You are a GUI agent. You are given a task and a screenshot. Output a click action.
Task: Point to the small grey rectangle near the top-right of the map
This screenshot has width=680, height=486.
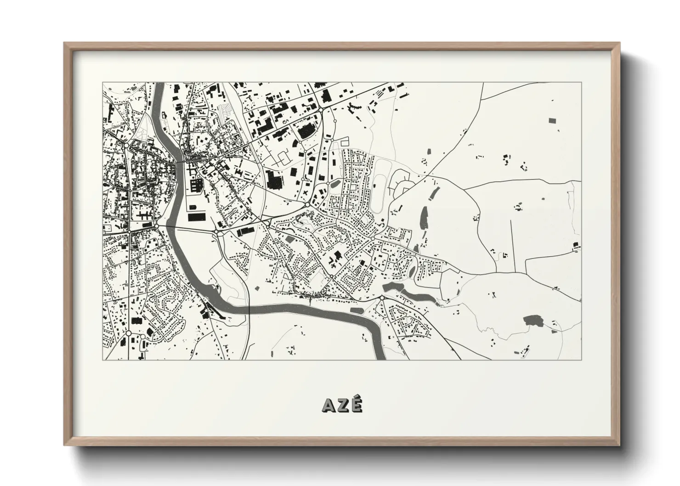[x=551, y=120]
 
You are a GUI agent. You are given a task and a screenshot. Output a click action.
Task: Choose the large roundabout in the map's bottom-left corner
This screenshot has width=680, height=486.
[x=129, y=333]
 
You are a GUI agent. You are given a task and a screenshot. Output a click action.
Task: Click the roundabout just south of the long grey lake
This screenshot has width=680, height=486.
[x=381, y=299]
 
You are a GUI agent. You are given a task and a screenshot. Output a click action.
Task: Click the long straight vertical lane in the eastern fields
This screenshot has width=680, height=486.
[x=511, y=243]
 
